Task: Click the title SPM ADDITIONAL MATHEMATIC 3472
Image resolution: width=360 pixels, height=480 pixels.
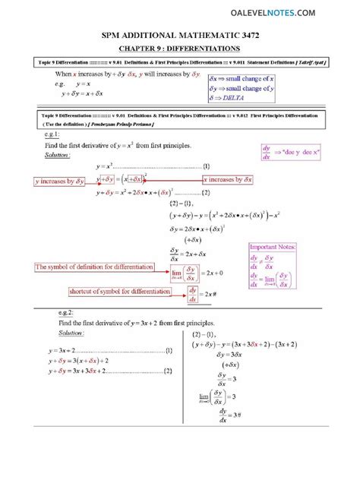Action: (x=179, y=36)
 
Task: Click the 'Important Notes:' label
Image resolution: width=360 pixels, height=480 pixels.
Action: (x=273, y=247)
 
